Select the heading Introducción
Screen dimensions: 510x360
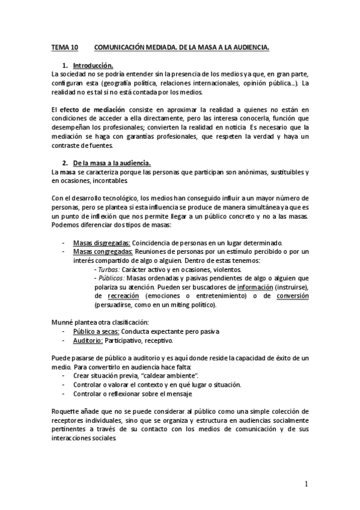(x=93, y=65)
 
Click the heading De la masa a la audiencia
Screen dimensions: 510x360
(x=112, y=163)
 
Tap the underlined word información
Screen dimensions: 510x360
(x=260, y=287)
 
